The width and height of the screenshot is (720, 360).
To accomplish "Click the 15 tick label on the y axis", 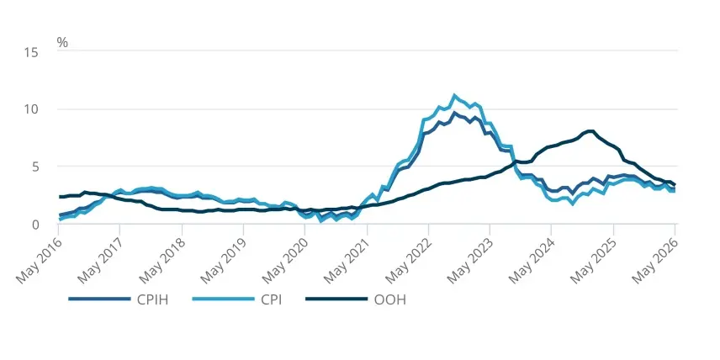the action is (x=31, y=52).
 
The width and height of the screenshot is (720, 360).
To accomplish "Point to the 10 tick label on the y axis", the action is (x=31, y=109).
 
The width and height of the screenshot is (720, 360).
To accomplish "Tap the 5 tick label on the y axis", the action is (x=34, y=167).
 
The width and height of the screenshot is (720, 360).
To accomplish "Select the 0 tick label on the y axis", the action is (x=34, y=225).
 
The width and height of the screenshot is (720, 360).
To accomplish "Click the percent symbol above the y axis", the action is (x=62, y=43).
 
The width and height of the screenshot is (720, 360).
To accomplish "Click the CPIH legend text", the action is (x=152, y=300).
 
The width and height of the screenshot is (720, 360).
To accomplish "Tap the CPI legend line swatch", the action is (x=223, y=299).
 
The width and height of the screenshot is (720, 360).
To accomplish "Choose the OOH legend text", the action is (x=390, y=300).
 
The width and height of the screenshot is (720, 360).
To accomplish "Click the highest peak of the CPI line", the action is (x=454, y=96).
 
